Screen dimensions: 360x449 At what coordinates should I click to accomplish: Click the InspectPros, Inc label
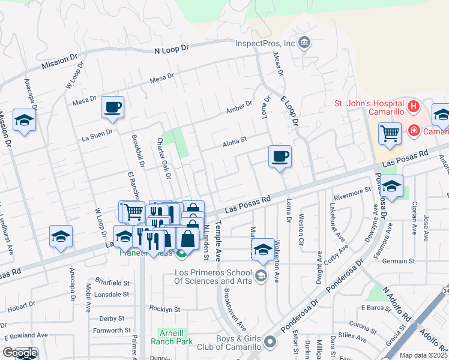[x=264, y=43]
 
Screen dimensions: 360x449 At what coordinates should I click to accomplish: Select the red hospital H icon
[x=413, y=107]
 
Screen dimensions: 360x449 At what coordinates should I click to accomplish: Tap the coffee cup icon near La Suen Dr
[x=112, y=107]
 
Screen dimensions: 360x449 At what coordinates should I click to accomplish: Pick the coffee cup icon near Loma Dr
[x=280, y=157]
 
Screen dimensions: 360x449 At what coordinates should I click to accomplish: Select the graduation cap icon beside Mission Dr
[x=24, y=121]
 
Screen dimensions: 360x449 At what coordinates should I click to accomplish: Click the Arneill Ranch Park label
[x=176, y=337]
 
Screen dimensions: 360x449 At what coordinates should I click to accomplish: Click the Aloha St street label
[x=235, y=142]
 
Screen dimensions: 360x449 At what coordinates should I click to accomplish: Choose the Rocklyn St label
[x=164, y=310]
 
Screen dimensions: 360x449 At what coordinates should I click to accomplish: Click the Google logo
[x=20, y=353]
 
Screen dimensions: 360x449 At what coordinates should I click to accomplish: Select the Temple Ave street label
[x=218, y=247]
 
